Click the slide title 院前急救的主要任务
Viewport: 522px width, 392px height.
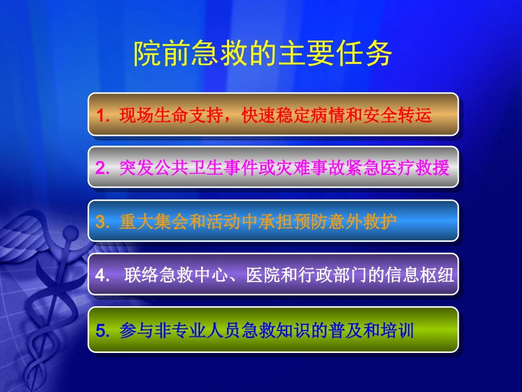coord(263,54)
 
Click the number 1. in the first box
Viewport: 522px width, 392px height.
coord(103,115)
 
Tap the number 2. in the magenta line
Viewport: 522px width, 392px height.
coord(103,168)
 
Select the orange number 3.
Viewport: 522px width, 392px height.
coord(103,222)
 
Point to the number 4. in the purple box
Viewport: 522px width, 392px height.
coord(103,275)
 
